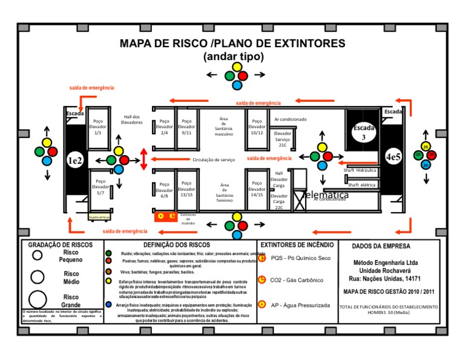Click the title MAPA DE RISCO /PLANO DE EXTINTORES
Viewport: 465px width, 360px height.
(232, 44)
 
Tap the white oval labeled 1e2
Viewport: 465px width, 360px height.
(75, 160)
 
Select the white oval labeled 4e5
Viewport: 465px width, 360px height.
(393, 157)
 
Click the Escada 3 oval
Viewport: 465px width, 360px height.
(364, 132)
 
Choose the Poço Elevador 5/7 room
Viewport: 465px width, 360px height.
(100, 190)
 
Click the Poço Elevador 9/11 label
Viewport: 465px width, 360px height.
(186, 126)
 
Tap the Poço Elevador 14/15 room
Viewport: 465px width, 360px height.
(257, 189)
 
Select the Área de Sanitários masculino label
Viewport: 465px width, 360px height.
(223, 127)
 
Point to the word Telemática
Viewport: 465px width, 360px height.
(325, 195)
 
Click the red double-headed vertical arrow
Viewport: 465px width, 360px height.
(144, 159)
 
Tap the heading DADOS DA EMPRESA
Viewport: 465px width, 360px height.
(380, 246)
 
